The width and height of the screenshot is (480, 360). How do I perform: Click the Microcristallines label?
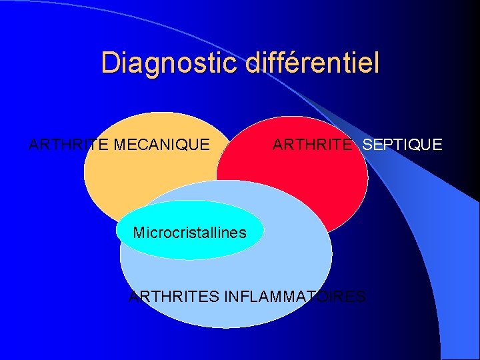tap(189, 233)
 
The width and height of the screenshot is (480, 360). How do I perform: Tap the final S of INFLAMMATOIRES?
tap(361, 296)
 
